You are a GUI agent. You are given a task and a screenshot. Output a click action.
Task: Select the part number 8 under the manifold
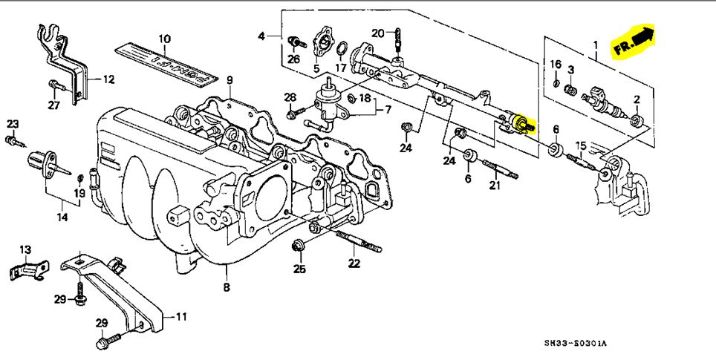[x=227, y=287]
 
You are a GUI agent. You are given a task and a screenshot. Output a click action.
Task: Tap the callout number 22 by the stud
[x=354, y=263]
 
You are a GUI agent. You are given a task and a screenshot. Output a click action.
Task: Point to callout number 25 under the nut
[x=299, y=269]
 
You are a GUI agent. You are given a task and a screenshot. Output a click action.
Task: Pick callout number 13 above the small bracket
[x=25, y=249]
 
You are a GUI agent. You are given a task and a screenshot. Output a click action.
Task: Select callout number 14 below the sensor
[x=62, y=217]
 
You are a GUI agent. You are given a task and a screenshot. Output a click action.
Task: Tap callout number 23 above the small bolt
[x=13, y=123]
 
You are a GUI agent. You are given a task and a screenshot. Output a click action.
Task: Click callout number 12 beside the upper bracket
[x=108, y=79]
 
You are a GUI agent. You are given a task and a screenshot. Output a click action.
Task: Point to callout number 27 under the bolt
[x=53, y=105]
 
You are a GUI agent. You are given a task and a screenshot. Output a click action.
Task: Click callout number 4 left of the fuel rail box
[x=261, y=36]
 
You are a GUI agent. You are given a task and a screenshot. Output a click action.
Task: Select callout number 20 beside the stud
[x=377, y=32]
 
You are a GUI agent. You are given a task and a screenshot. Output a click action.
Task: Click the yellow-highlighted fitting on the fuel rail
[x=523, y=124]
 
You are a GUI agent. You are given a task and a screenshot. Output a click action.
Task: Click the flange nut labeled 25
[x=299, y=245]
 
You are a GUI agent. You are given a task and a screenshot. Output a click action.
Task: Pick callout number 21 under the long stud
[x=495, y=186]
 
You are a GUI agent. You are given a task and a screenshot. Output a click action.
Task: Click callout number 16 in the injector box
[x=556, y=65]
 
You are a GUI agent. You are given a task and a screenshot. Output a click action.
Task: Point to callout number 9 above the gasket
[x=230, y=80]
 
